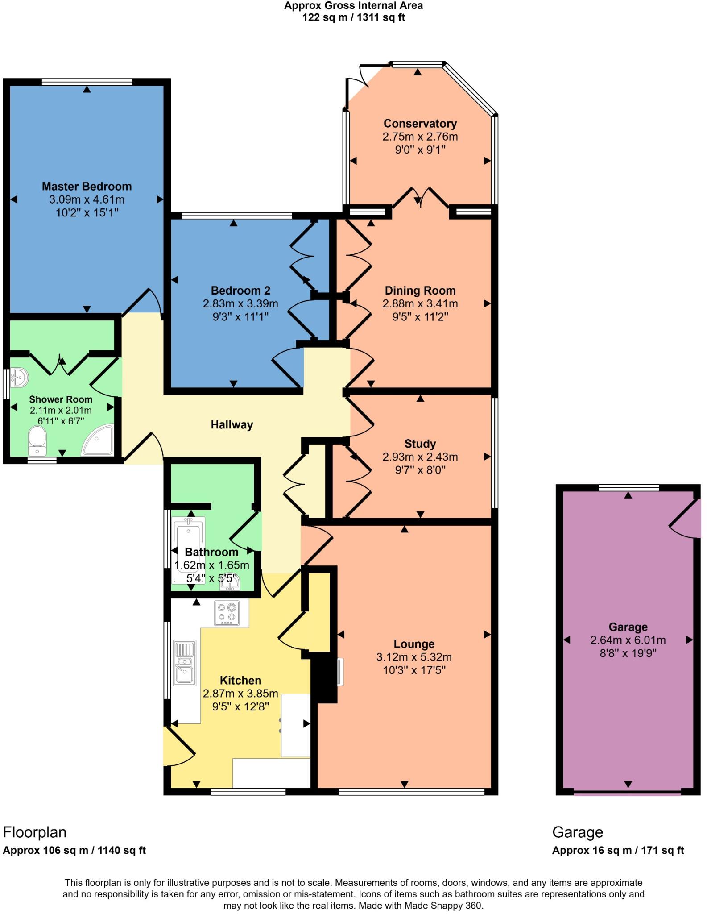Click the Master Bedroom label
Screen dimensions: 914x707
pyautogui.click(x=87, y=186)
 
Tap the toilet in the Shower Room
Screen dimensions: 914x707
pyautogui.click(x=37, y=438)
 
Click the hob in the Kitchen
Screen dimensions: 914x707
pyautogui.click(x=227, y=613)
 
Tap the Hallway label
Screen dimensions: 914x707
pyautogui.click(x=232, y=424)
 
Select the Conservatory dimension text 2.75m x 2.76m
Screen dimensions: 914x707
pyautogui.click(x=420, y=137)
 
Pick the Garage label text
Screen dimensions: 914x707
pyautogui.click(x=628, y=627)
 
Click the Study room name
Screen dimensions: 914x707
pyautogui.click(x=420, y=444)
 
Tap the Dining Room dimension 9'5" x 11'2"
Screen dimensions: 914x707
pyautogui.click(x=420, y=317)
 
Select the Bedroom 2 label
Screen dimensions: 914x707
pyautogui.click(x=240, y=291)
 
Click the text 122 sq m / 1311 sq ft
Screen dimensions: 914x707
pyautogui.click(x=353, y=17)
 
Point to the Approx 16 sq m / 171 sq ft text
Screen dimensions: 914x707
pyautogui.click(x=617, y=850)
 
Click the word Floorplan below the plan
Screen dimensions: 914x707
pyautogui.click(x=34, y=832)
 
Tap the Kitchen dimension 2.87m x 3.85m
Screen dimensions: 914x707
pyautogui.click(x=240, y=694)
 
